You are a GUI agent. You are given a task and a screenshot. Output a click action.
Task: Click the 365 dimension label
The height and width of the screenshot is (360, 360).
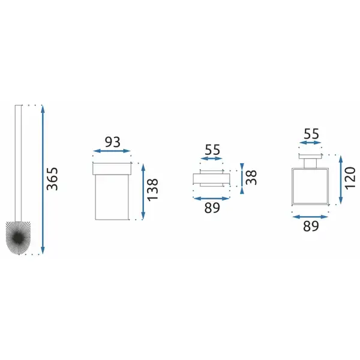tap(52, 179)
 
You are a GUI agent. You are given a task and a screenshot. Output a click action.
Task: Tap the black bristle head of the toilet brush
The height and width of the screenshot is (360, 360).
tap(19, 238)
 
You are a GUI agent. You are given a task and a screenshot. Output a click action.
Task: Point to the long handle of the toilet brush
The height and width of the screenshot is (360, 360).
tap(18, 163)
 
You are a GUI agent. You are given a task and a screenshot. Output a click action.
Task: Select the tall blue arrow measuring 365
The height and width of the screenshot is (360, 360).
tap(43, 179)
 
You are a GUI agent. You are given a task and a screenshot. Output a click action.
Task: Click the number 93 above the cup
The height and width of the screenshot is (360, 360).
tap(113, 142)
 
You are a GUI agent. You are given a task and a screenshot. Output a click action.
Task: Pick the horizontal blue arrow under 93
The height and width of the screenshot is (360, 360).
tap(112, 151)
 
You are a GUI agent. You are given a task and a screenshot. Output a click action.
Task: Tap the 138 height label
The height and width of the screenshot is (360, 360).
tap(152, 190)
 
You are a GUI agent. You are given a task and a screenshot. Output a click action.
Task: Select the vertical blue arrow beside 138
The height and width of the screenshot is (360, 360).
tap(143, 191)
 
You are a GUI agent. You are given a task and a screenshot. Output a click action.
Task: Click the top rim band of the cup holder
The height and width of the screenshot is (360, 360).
tap(112, 169)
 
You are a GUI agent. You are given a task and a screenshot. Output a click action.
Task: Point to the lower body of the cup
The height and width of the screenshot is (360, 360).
tap(112, 197)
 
